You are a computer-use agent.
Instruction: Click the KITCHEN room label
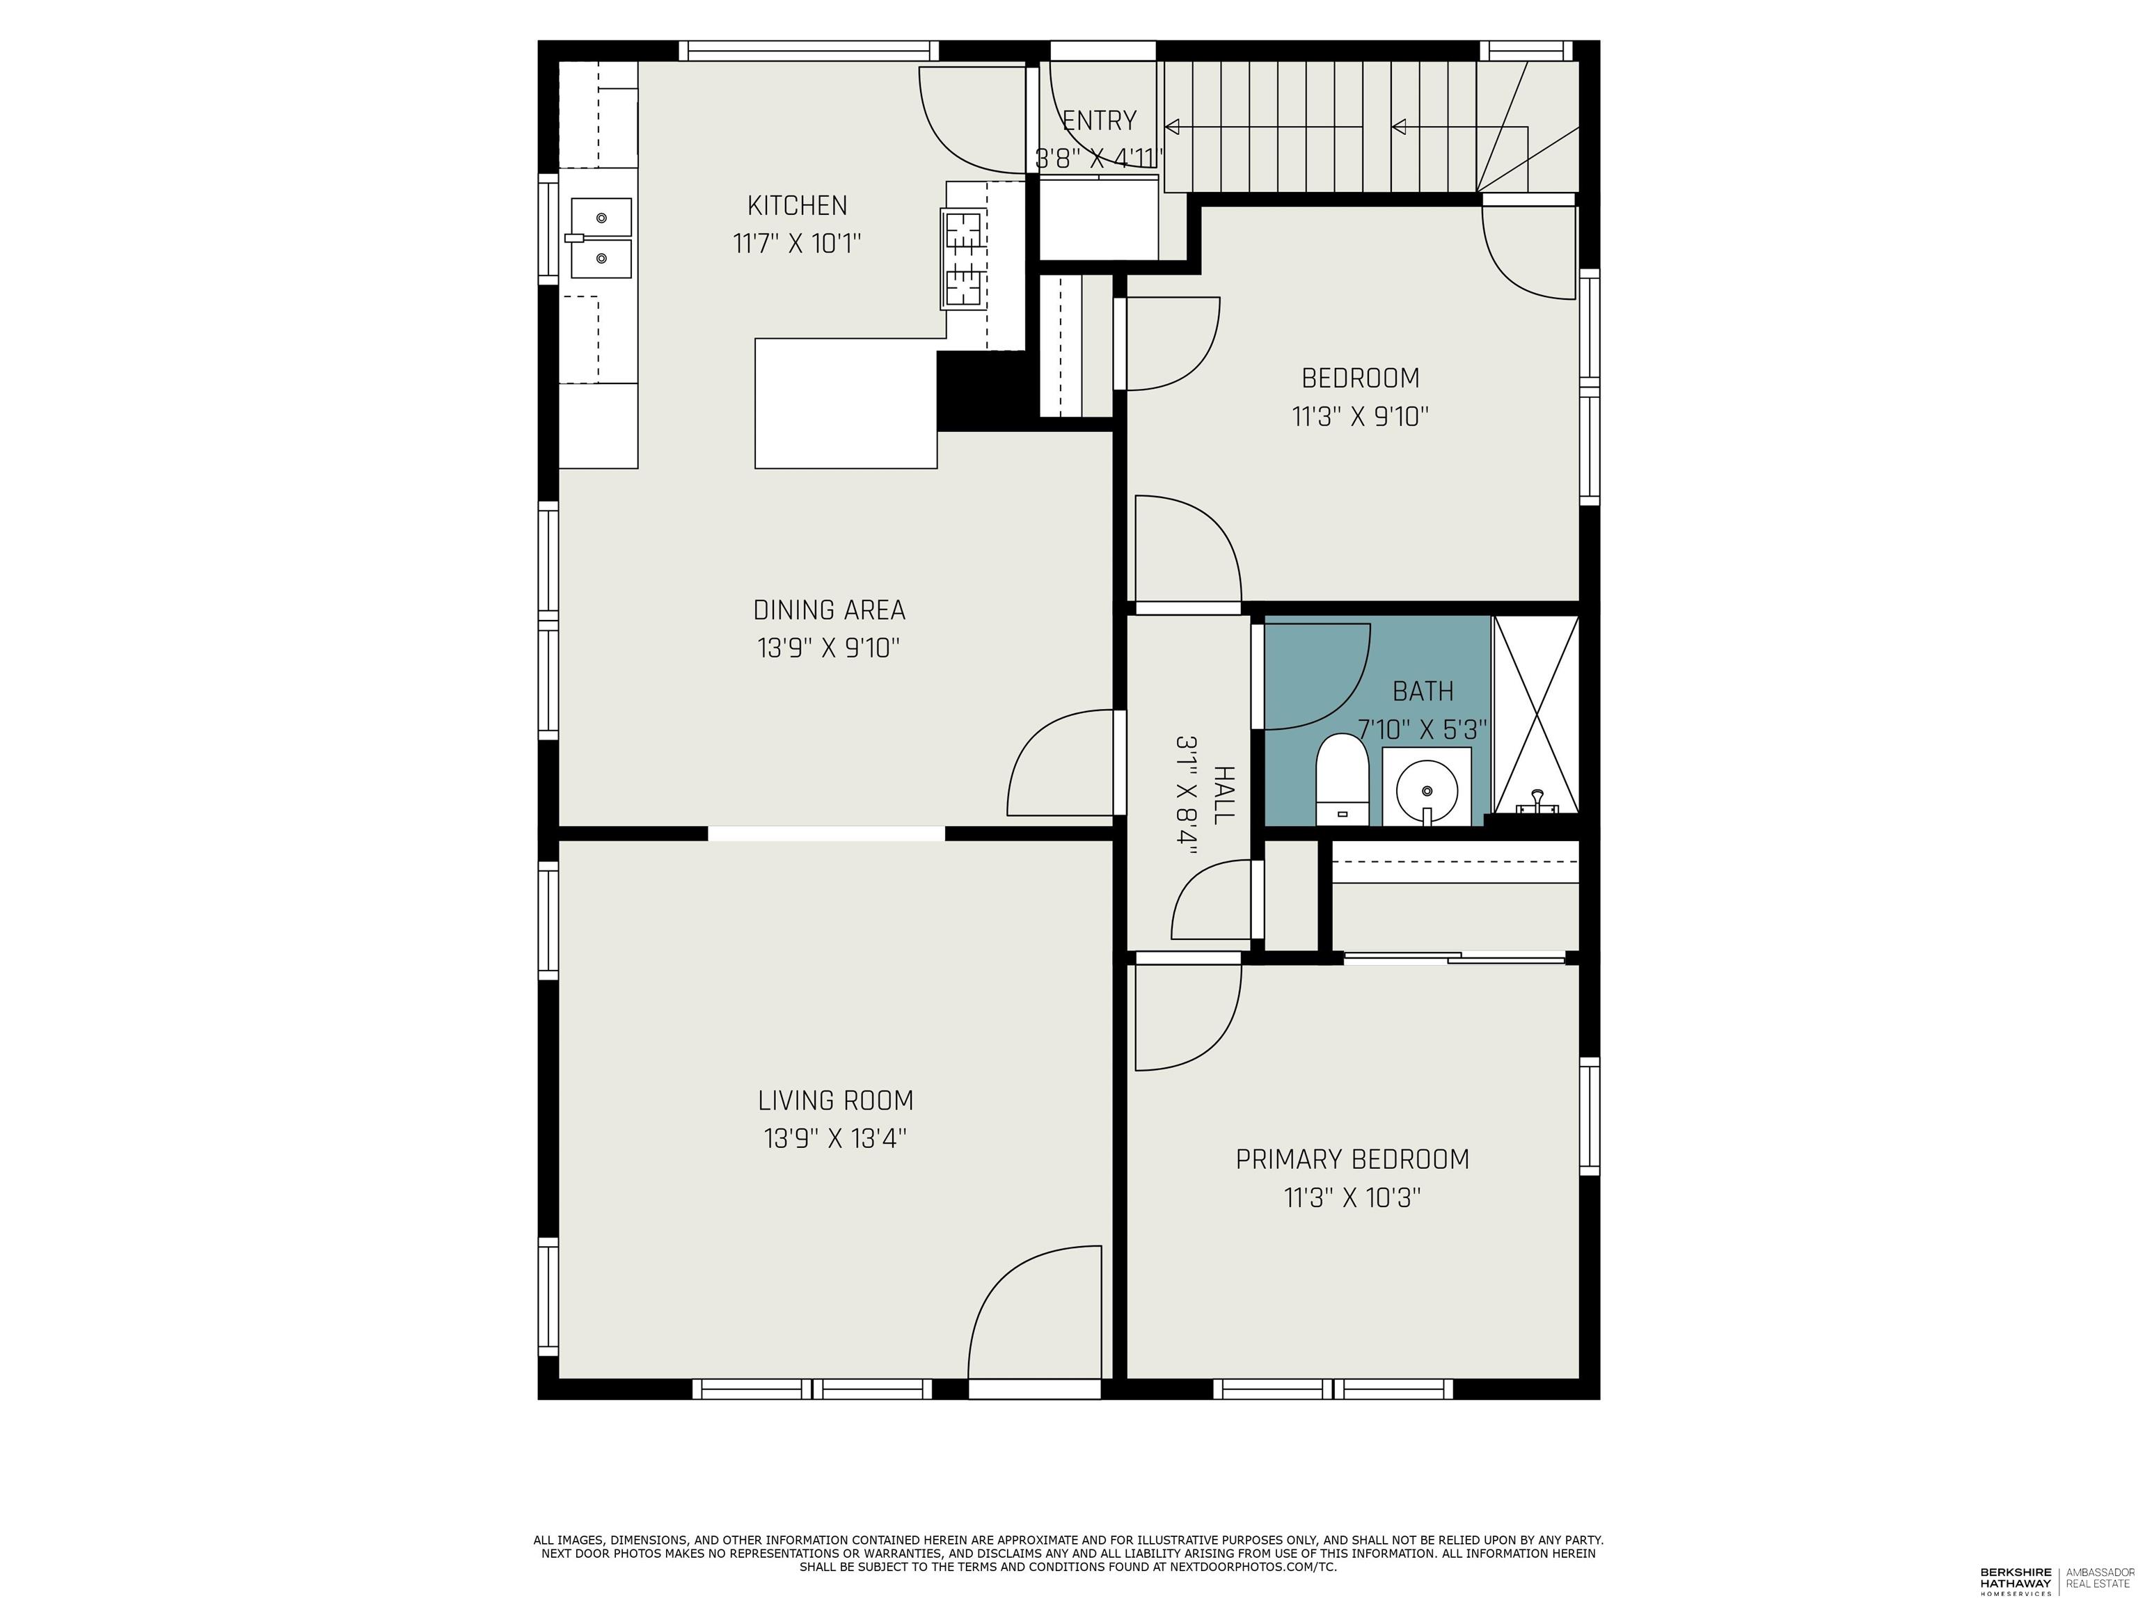tap(796, 206)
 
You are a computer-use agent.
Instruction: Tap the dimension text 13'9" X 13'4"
tap(835, 1139)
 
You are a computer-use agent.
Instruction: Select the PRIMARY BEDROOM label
tap(1352, 1160)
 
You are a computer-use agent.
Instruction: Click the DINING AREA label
tap(828, 611)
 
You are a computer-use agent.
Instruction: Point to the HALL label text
tap(1224, 795)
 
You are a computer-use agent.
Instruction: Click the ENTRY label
tap(1099, 121)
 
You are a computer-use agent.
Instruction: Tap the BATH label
tap(1423, 691)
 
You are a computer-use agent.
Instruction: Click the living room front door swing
tap(1034, 1315)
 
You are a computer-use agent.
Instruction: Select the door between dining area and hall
tap(1063, 763)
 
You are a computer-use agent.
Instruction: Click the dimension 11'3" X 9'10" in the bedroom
tap(1360, 417)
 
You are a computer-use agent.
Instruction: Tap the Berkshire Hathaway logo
tap(2016, 1581)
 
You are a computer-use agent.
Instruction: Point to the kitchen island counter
tap(846, 404)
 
